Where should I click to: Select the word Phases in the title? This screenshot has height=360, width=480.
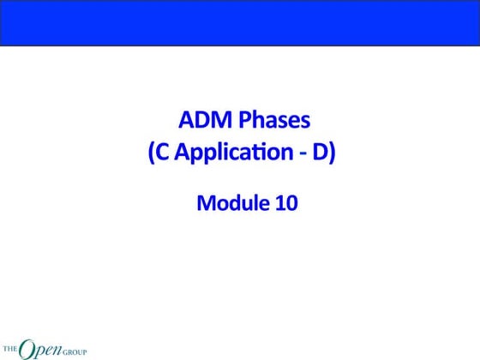tap(273, 120)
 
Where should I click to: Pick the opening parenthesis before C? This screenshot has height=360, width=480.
tap(153, 154)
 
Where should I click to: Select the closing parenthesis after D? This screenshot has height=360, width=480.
tap(332, 154)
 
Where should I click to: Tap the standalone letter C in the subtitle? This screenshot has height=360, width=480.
tap(165, 154)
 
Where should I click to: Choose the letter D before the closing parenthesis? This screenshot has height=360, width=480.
tap(320, 154)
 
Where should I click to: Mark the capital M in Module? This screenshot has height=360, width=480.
tap(206, 204)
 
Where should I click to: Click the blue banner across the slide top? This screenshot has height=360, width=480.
tap(240, 22)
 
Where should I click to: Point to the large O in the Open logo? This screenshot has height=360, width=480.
tap(27, 347)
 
